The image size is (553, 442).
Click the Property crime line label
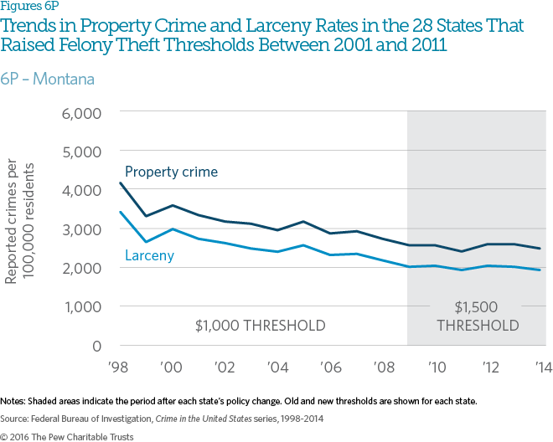point(171,172)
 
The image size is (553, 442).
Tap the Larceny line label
point(151,254)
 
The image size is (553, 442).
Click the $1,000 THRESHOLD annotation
point(260,325)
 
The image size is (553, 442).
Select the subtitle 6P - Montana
point(47,80)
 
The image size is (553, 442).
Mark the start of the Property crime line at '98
point(121,182)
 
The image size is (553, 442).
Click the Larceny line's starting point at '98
point(121,212)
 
